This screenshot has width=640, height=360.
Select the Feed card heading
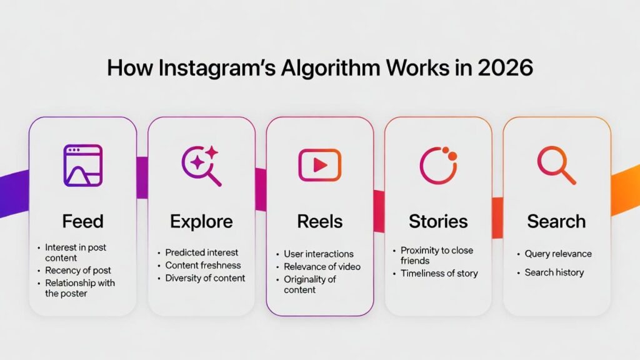point(82,221)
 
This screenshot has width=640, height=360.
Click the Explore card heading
point(201,221)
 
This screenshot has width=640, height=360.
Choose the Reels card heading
point(319,221)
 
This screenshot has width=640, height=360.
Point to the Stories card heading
point(438,221)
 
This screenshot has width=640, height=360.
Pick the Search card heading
point(556,221)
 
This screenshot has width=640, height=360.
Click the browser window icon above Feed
point(82,165)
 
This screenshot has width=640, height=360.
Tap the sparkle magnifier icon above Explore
point(201,165)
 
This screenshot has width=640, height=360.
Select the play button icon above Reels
point(319,165)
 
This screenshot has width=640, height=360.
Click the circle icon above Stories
point(438,165)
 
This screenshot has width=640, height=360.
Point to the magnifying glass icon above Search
point(556,165)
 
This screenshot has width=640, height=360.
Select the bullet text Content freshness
point(202,265)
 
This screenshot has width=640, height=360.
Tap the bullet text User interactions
point(319,254)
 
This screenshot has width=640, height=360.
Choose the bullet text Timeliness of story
point(439,273)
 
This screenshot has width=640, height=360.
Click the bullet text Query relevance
point(558,254)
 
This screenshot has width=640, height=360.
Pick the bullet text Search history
point(554,272)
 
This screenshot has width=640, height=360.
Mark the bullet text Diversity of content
point(205,278)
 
